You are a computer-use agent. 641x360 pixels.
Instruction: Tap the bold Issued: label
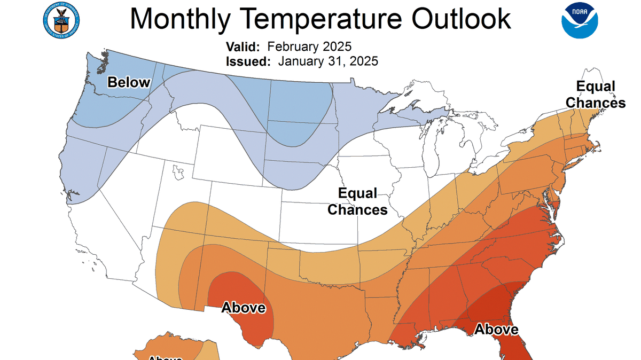(x=248, y=61)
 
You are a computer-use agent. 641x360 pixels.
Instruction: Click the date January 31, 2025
(x=328, y=61)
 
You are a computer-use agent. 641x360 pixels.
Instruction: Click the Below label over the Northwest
(x=129, y=82)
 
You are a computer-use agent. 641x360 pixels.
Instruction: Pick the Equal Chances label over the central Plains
(x=357, y=201)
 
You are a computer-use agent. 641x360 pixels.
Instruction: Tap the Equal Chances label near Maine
(x=595, y=94)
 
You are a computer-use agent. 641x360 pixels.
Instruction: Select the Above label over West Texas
(x=243, y=308)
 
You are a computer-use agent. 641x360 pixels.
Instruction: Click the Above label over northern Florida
(x=496, y=329)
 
